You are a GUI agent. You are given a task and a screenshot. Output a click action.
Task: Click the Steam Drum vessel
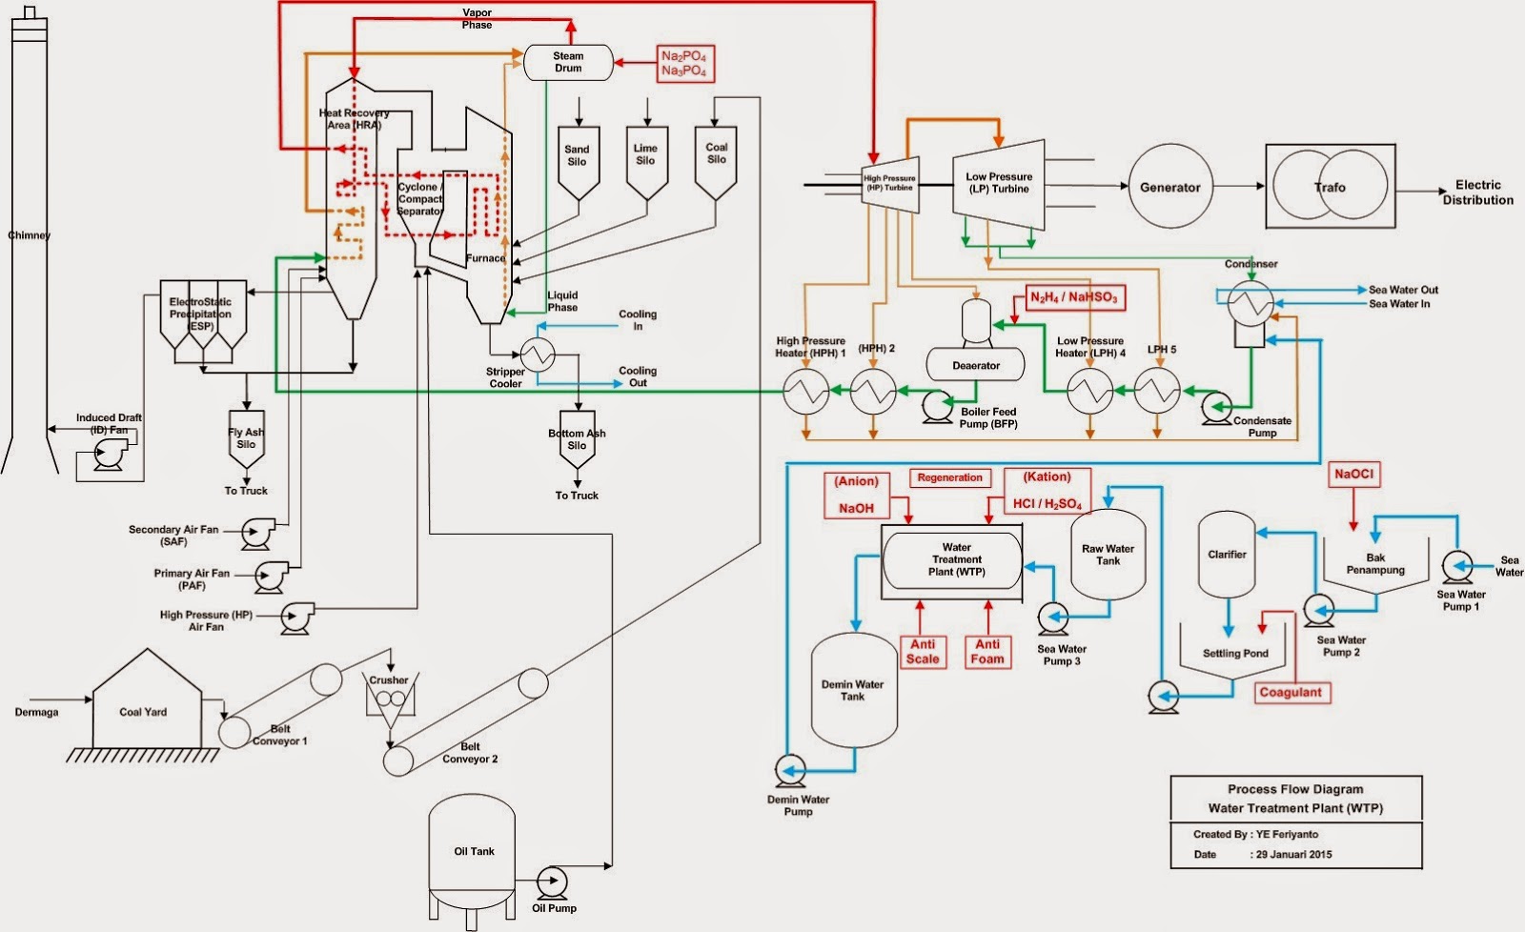click(568, 63)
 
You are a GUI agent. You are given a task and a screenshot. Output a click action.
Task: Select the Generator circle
click(1171, 186)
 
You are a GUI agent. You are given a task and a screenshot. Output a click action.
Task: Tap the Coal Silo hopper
click(716, 163)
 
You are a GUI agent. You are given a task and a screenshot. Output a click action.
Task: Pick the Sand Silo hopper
click(579, 163)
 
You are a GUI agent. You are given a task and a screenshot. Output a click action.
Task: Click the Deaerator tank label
click(976, 366)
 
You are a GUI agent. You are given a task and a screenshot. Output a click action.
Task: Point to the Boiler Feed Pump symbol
click(938, 407)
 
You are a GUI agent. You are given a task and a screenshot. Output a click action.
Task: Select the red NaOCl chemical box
click(1354, 475)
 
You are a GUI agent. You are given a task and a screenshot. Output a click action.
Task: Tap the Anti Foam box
click(987, 652)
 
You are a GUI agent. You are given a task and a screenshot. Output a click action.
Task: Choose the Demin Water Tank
click(854, 690)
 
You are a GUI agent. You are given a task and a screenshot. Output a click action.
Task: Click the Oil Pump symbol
click(552, 883)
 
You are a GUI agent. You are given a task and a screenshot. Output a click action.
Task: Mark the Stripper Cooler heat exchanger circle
click(538, 354)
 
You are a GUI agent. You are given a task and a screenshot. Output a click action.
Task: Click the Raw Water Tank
click(1108, 555)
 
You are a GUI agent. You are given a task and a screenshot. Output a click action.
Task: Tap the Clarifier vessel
click(1227, 555)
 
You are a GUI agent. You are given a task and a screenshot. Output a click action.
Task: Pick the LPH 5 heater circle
click(1157, 391)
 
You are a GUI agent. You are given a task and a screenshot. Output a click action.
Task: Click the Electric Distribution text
click(1478, 192)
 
